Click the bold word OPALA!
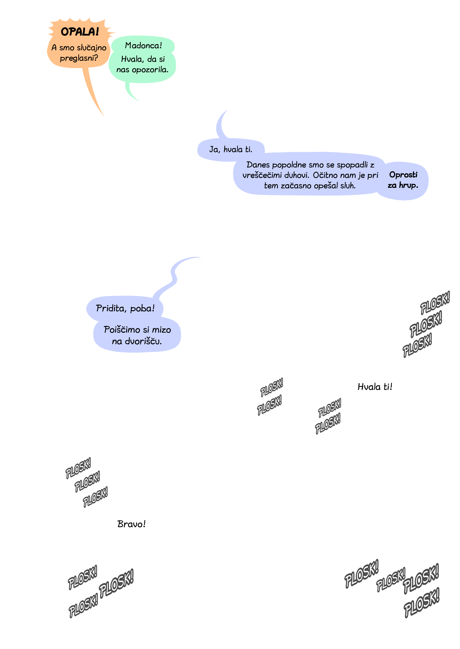tap(80, 32)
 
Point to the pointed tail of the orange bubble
tap(104, 117)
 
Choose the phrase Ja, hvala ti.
tap(231, 150)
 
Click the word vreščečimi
tap(262, 175)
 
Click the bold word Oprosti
tap(403, 175)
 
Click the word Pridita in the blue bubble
tap(111, 308)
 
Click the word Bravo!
tap(131, 524)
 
